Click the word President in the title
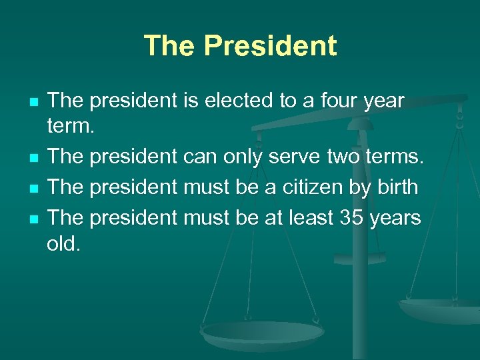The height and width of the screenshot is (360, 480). [x=271, y=46]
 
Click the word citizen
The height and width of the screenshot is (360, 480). [x=312, y=187]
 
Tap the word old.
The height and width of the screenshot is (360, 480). [x=64, y=245]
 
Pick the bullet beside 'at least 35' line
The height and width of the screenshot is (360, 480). [x=33, y=218]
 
